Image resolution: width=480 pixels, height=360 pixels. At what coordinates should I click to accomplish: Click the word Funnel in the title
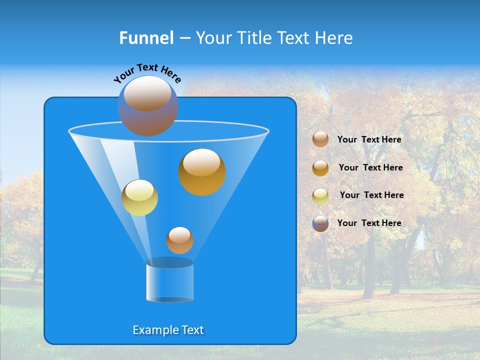pos(146,38)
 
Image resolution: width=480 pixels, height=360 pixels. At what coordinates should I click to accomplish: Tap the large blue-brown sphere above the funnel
pos(148,105)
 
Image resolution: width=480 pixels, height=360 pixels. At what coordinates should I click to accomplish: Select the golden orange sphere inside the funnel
pos(202,172)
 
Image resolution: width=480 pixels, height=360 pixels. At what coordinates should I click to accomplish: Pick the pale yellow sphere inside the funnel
pos(139,197)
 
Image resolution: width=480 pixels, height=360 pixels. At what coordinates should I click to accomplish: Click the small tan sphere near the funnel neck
pos(179,240)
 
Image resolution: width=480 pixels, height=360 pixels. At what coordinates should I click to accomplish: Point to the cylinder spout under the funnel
pos(169,281)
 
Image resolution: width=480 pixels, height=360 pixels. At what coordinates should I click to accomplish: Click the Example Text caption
pos(168,330)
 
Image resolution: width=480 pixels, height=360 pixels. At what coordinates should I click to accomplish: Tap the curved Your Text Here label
pos(147,73)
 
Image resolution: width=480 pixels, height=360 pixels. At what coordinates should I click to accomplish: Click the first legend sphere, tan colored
pos(320,139)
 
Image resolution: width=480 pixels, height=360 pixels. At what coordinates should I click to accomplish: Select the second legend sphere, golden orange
pos(320,168)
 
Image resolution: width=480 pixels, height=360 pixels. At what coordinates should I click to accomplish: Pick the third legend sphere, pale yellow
pos(320,195)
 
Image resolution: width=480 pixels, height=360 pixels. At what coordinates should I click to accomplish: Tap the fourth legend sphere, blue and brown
pos(320,223)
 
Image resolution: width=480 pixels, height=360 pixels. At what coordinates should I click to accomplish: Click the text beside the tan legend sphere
pos(369,139)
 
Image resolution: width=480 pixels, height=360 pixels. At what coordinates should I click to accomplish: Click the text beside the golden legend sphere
pos(370,167)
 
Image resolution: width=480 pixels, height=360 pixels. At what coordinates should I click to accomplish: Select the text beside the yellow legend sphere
pos(371,195)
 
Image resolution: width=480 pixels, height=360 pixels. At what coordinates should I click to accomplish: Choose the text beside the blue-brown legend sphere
pos(369,223)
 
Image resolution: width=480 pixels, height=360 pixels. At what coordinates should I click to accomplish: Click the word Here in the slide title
pos(334,38)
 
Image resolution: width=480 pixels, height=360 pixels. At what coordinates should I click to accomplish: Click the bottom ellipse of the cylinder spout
pos(169,299)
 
